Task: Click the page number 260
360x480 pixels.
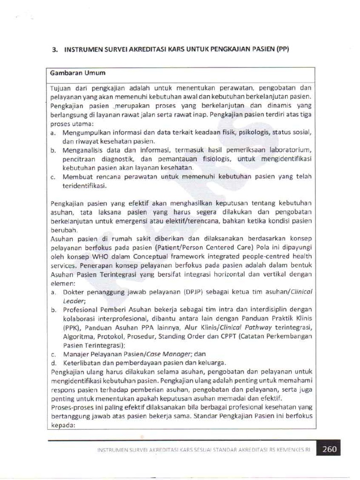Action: tap(329, 449)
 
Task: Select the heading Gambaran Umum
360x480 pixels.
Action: tap(77, 73)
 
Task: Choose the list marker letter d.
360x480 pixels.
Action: tap(54, 363)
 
